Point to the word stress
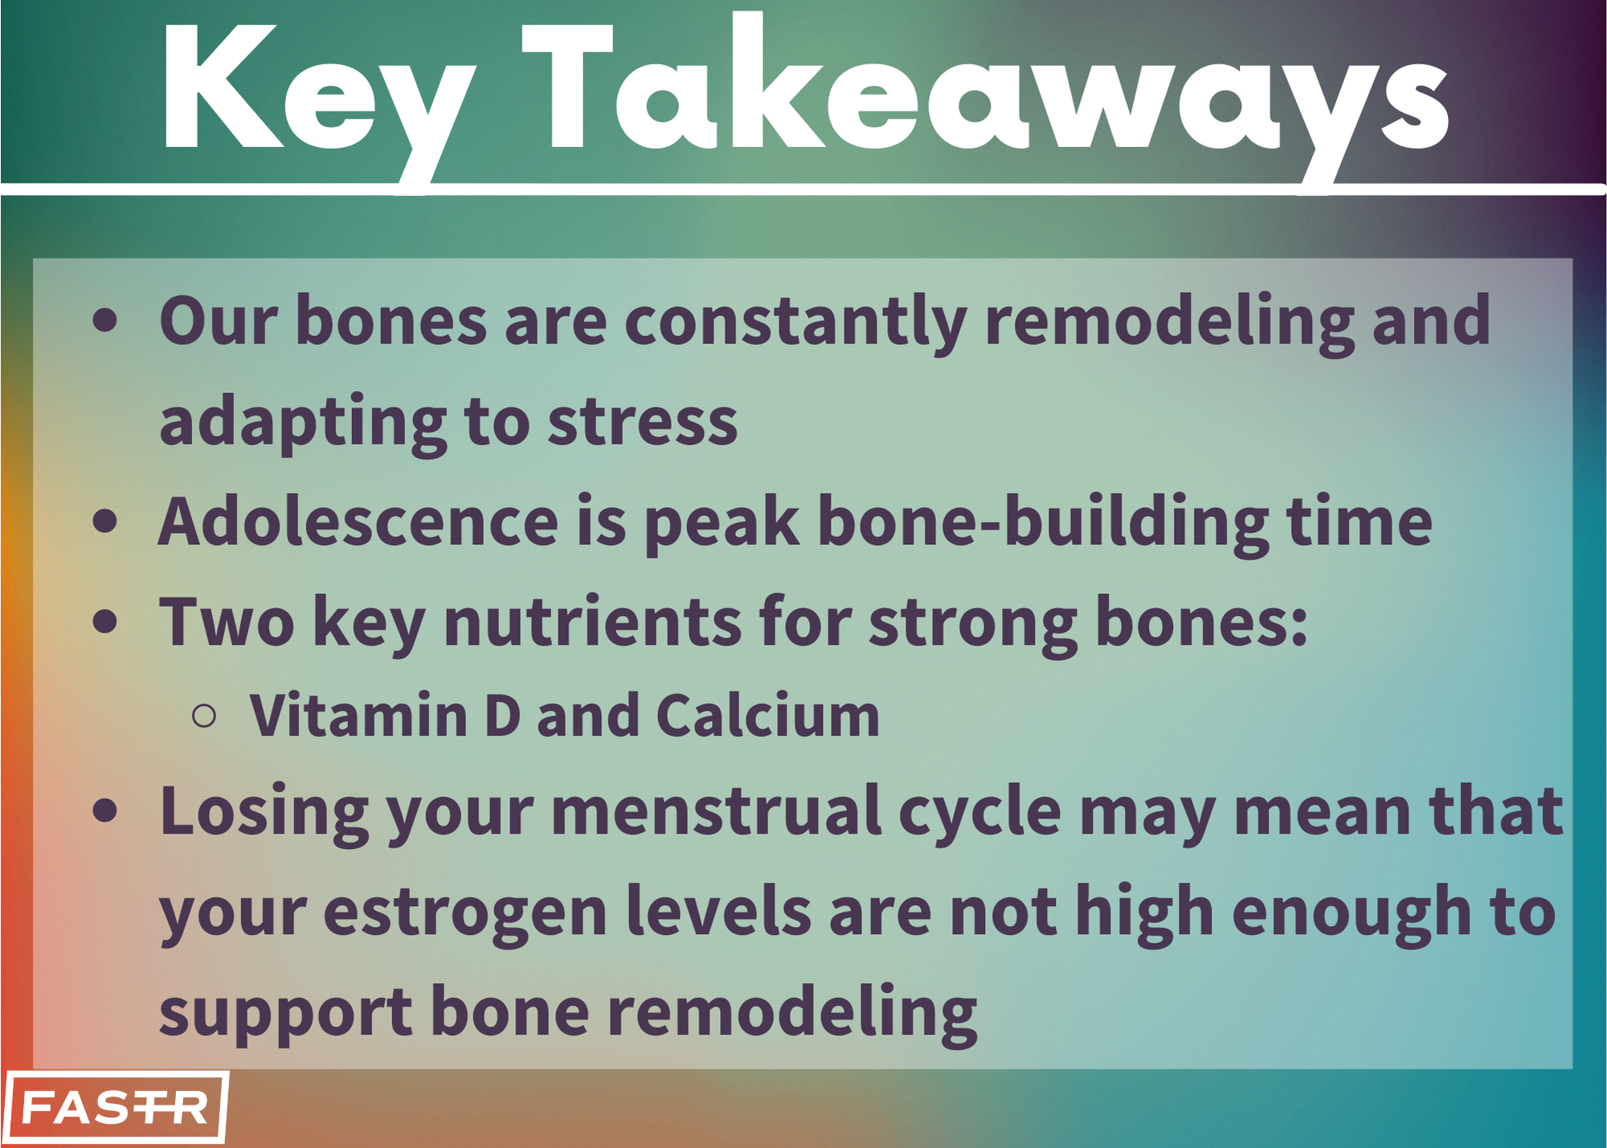[x=642, y=423]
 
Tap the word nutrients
[x=593, y=622]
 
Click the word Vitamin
[x=358, y=715]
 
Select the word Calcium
[x=768, y=715]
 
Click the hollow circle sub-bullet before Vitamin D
[x=205, y=715]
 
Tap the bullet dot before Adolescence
[x=105, y=521]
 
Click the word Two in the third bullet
[x=227, y=622]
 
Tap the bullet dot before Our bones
[x=105, y=319]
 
